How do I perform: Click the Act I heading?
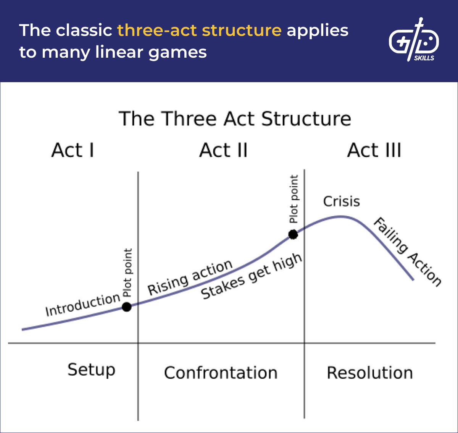73,150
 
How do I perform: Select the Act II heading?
224,150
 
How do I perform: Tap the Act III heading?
374,150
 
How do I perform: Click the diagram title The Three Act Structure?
235,118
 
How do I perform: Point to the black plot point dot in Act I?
127,307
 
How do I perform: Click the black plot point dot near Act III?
293,234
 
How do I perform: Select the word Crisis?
342,201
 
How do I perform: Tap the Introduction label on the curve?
82,305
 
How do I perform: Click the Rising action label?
190,277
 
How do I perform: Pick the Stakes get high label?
252,276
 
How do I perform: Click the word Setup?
92,370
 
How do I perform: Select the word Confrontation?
221,373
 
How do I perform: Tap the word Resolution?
370,373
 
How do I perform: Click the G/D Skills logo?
414,40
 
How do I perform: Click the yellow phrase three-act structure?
199,30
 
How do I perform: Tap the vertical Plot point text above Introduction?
127,272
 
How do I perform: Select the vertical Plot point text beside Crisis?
294,199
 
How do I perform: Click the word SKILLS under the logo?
424,58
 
